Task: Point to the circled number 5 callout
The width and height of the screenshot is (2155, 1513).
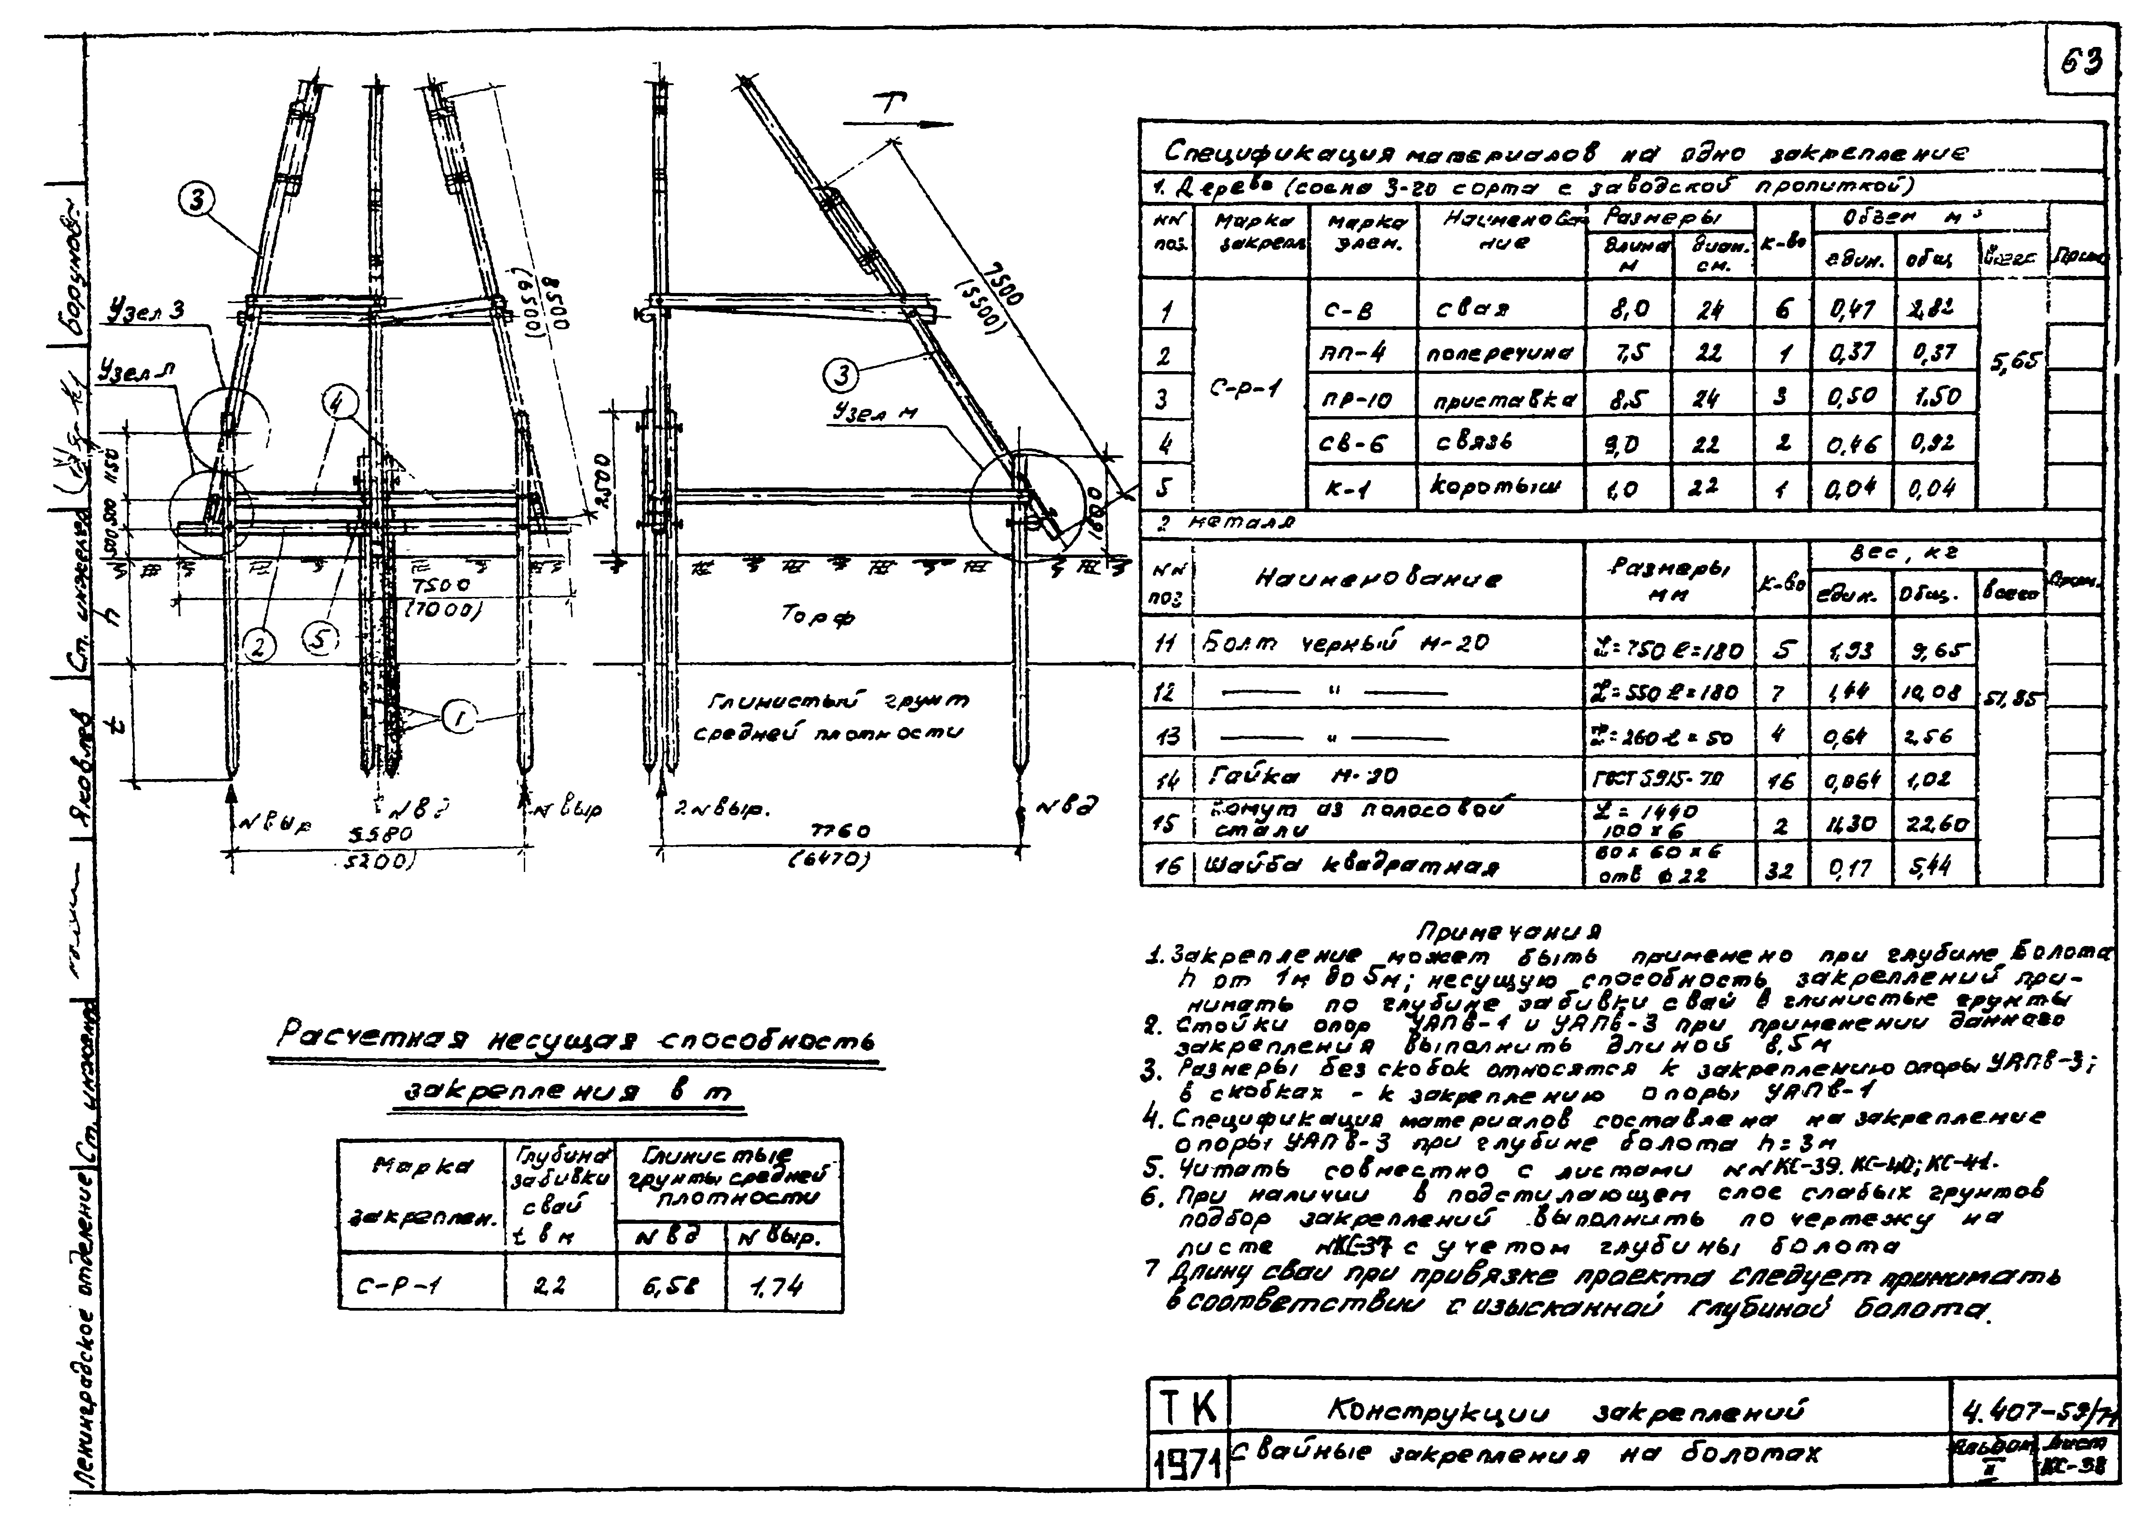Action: pos(319,639)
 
